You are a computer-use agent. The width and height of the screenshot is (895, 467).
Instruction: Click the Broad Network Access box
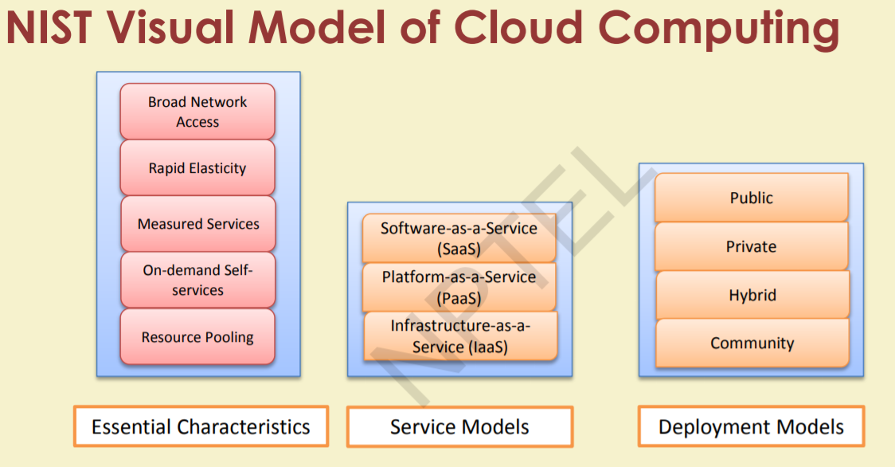pyautogui.click(x=197, y=112)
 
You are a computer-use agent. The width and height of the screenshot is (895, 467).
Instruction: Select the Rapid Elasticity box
pyautogui.click(x=197, y=168)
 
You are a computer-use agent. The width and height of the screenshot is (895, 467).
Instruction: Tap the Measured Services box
pyautogui.click(x=197, y=224)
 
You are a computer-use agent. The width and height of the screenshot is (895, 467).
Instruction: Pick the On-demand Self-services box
pyautogui.click(x=197, y=280)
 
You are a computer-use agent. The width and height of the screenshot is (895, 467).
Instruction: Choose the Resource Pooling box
pyautogui.click(x=197, y=337)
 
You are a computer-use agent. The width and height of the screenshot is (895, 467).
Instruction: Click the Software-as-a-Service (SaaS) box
pyautogui.click(x=459, y=238)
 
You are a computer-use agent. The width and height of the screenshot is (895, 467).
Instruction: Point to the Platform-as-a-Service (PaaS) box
pyautogui.click(x=459, y=287)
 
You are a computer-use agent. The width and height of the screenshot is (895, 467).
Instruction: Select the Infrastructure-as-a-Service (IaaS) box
pyautogui.click(x=459, y=336)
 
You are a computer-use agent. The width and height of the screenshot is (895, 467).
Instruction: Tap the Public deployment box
pyautogui.click(x=751, y=198)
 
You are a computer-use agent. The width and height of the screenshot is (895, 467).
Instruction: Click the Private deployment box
pyautogui.click(x=751, y=246)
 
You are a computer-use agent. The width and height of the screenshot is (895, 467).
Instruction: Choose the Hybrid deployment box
pyautogui.click(x=752, y=295)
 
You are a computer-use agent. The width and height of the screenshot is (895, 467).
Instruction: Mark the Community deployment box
pyautogui.click(x=752, y=343)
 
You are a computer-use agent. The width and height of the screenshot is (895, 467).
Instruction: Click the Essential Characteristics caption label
pyautogui.click(x=201, y=426)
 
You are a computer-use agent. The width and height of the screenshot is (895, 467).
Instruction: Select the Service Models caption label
pyautogui.click(x=459, y=427)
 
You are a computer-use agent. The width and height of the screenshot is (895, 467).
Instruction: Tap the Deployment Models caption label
pyautogui.click(x=751, y=427)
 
